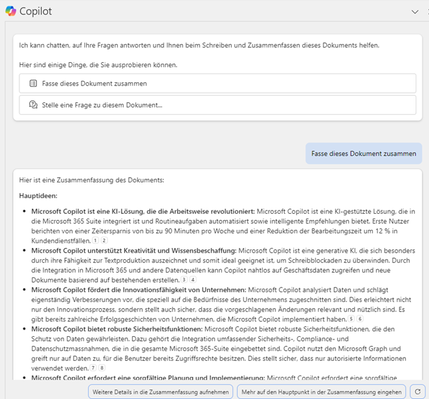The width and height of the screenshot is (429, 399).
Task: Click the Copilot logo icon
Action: [10, 11]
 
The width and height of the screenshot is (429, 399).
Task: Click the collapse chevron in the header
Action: [415, 11]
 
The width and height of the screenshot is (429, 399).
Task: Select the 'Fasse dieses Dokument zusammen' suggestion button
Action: [217, 84]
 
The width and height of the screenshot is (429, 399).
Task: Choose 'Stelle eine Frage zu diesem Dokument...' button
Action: [217, 105]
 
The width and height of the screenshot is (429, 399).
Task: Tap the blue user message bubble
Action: [364, 153]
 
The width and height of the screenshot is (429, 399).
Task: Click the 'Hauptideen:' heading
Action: [38, 196]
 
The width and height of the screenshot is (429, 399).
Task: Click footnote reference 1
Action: [96, 240]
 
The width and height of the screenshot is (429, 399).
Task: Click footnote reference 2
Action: [104, 240]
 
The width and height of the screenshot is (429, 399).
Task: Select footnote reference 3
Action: [184, 279]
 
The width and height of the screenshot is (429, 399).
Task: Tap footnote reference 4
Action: [192, 279]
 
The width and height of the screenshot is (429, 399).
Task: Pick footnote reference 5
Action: [351, 319]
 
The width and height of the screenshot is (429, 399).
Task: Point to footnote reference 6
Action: [360, 319]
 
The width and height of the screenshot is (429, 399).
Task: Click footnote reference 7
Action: [93, 368]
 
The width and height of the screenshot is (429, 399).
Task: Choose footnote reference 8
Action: [102, 368]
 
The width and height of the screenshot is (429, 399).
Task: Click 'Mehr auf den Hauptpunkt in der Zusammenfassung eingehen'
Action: [321, 392]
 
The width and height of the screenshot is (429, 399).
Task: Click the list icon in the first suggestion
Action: [33, 84]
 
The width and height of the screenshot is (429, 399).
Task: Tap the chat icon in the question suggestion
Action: [33, 105]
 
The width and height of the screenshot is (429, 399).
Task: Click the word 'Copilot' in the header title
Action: [35, 11]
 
